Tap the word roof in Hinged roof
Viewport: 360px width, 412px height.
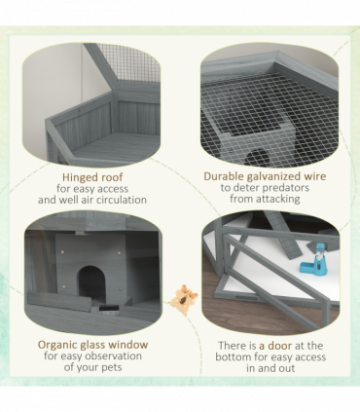point(112,177)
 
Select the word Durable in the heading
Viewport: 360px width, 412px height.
point(224,176)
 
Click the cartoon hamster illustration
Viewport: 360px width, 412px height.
point(184,298)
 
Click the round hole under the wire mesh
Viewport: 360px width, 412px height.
point(259,157)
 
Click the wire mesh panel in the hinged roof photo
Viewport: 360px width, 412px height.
point(129,62)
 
